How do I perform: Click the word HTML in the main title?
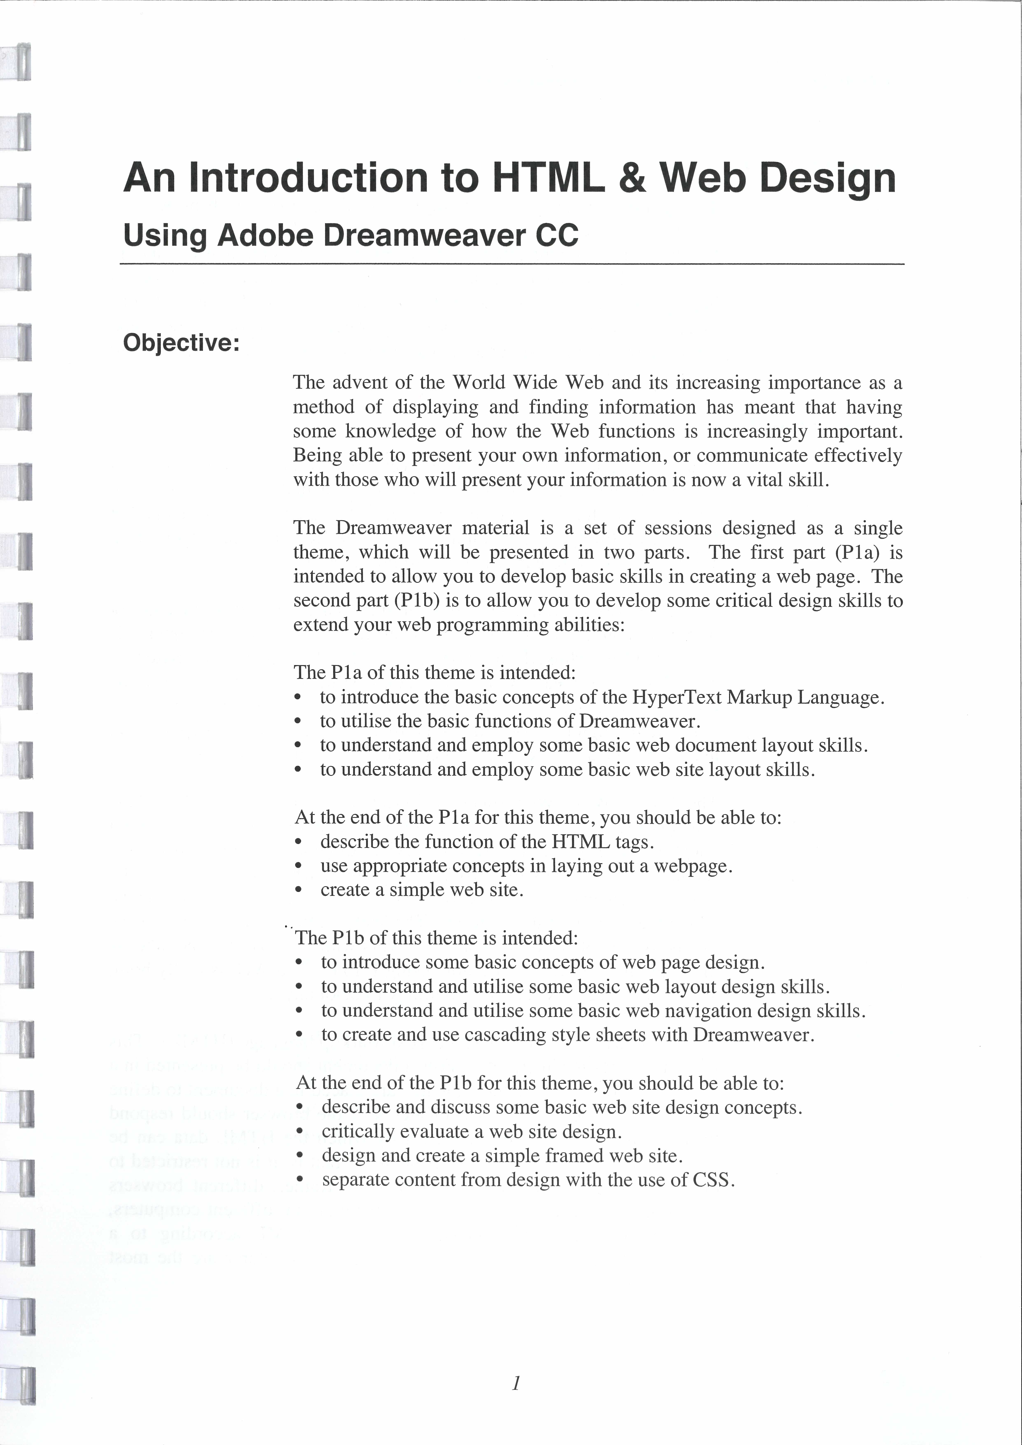click(547, 178)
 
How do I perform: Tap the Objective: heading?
click(181, 343)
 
